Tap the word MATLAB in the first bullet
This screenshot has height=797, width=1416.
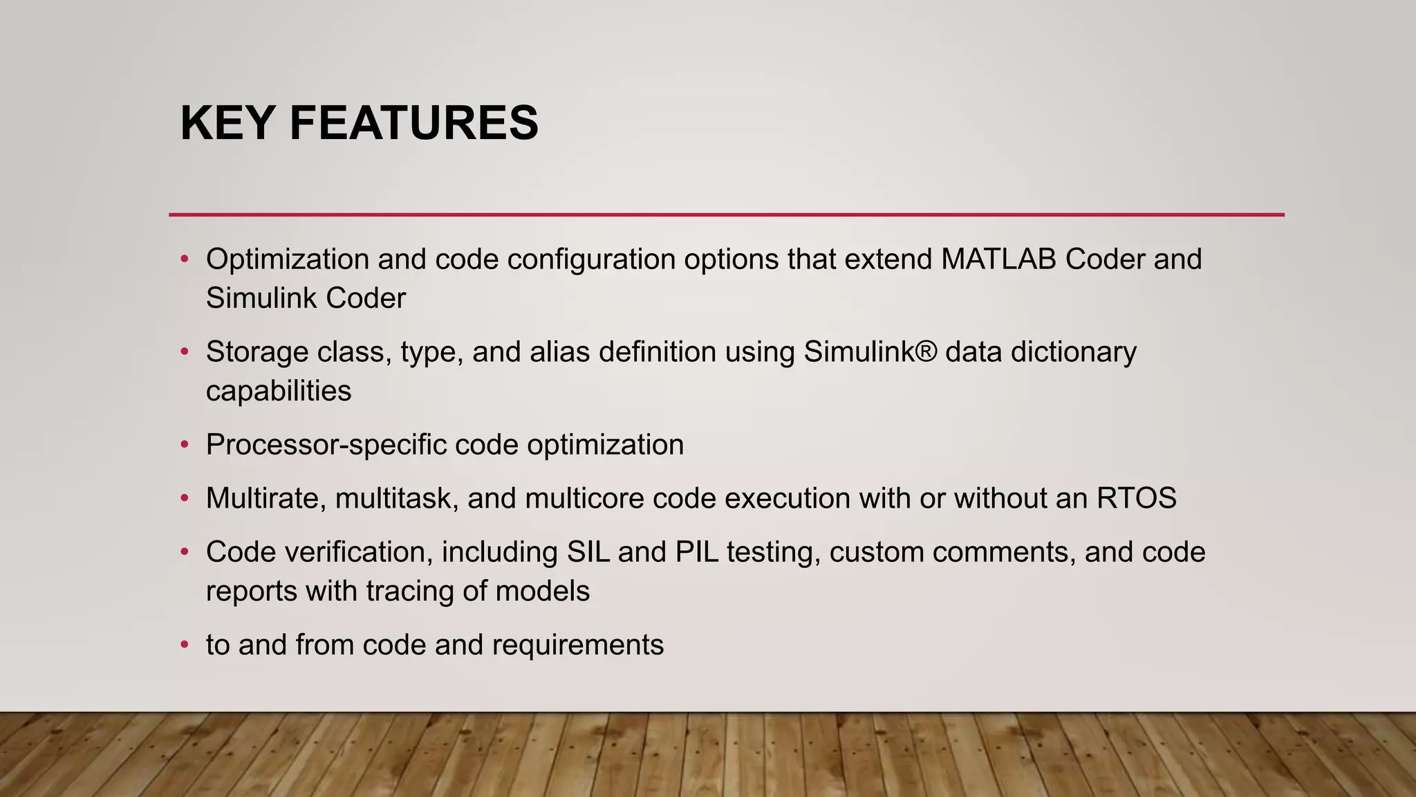coord(998,259)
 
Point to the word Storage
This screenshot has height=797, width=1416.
coord(257,352)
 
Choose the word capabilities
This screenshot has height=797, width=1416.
coord(279,391)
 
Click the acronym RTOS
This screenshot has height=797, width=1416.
coord(1137,498)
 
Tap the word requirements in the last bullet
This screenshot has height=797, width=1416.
coord(577,645)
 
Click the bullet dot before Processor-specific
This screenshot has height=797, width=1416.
coord(184,445)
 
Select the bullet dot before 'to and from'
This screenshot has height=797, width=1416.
coord(184,645)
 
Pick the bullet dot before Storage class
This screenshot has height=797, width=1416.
coord(184,352)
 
